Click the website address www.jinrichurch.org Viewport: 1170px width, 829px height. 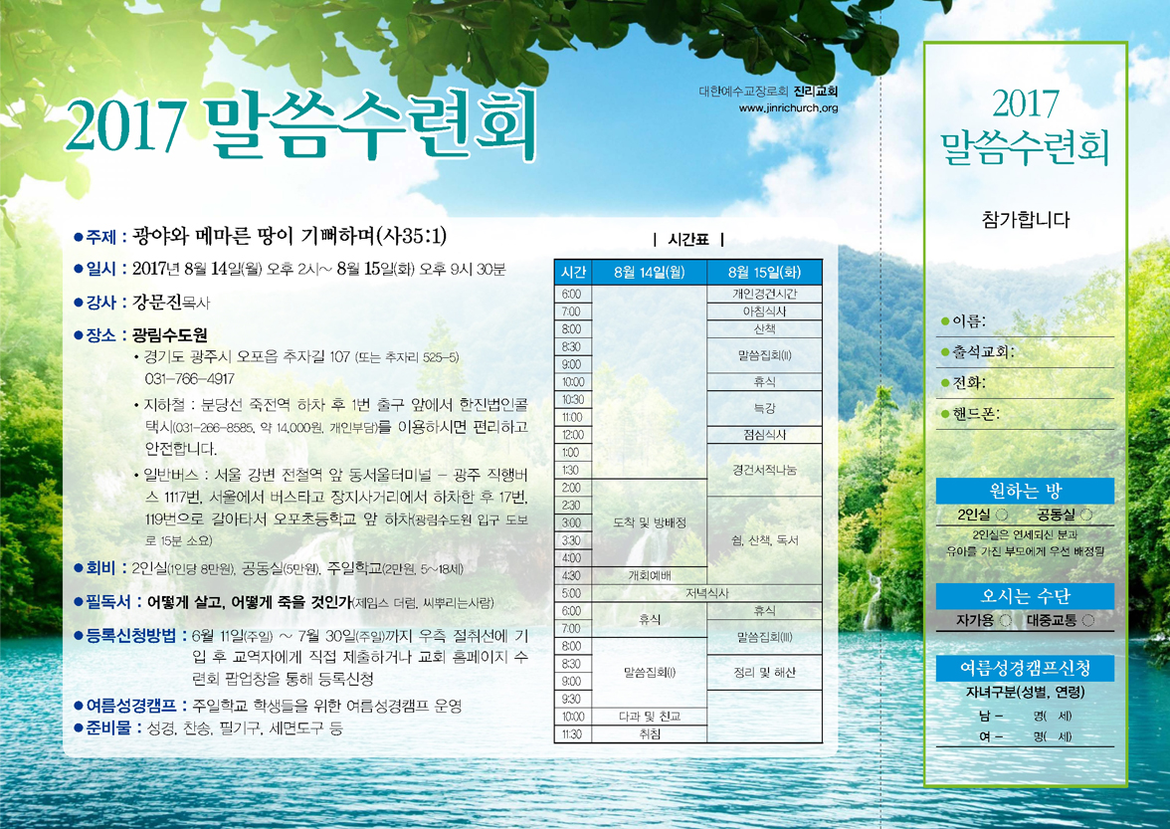click(788, 108)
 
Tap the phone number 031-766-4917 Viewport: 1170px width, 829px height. click(189, 379)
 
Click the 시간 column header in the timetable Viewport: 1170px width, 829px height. click(573, 273)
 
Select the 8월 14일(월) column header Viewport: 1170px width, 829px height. click(649, 273)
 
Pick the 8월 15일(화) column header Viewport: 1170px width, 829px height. click(764, 273)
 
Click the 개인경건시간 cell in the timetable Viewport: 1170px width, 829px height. click(764, 294)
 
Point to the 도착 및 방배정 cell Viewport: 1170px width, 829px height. click(649, 523)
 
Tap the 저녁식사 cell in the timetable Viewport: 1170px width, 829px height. click(706, 593)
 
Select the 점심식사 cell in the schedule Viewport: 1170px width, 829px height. click(764, 434)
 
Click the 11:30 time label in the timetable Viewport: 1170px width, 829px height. click(572, 734)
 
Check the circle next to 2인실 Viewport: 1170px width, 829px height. click(1001, 515)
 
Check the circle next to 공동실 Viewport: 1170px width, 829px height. click(1086, 515)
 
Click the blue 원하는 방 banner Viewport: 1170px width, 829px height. click(1025, 491)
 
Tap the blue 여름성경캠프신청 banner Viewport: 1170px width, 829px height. click(1025, 668)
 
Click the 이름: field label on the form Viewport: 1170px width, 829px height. click(969, 321)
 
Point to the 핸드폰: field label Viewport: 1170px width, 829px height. click(975, 414)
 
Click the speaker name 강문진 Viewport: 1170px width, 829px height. click(157, 303)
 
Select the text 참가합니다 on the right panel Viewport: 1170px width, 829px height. click(1025, 220)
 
